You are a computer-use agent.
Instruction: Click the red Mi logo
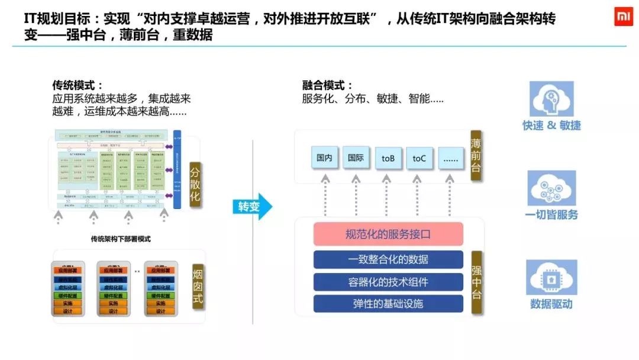coord(622,18)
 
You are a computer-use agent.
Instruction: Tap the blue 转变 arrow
coord(252,207)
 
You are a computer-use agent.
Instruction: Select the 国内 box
coord(324,158)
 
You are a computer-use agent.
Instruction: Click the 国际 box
coord(356,158)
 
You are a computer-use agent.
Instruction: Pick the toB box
coord(388,158)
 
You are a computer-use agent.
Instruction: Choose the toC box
coord(419,158)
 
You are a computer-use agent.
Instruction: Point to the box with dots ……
coord(451,158)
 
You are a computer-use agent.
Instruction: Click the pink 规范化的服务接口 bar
coord(388,234)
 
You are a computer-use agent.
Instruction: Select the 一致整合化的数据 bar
coord(388,259)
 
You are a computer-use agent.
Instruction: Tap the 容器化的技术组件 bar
coord(388,282)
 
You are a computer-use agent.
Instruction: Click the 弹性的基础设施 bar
coord(388,304)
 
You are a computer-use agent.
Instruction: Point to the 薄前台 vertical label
coord(476,156)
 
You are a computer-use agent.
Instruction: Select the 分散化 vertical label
coord(195,184)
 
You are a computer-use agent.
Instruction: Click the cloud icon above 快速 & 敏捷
coord(551,99)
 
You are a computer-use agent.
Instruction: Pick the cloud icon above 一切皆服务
coord(551,188)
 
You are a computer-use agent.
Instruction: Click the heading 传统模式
coord(78,85)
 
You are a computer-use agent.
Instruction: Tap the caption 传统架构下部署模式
coord(121,239)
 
